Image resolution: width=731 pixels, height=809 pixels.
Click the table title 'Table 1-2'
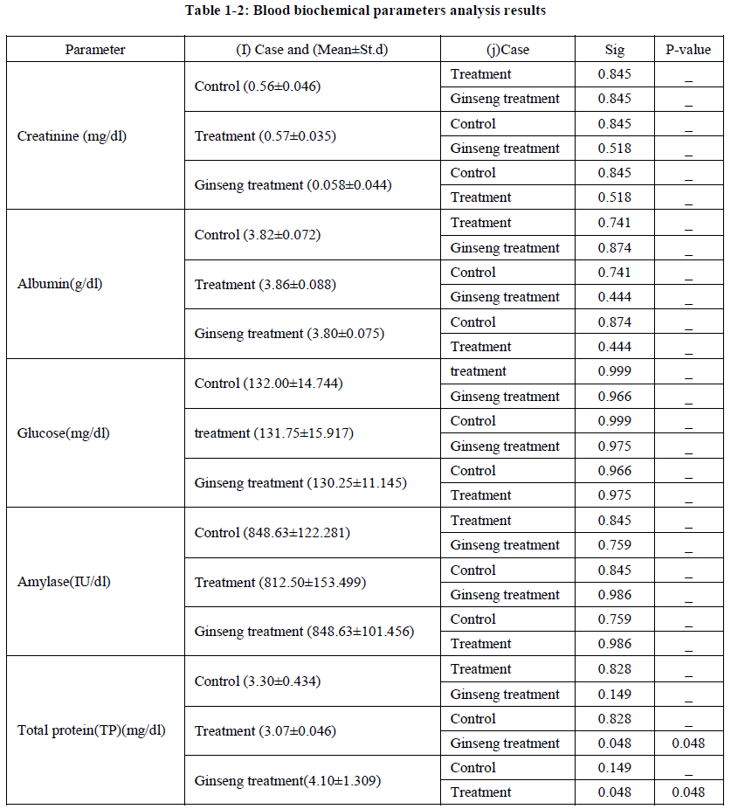tap(365, 11)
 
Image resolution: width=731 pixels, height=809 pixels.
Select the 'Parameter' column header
tap(95, 49)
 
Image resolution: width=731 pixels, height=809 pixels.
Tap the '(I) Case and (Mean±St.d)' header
tap(313, 49)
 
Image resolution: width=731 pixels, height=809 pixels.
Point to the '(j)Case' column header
tap(507, 49)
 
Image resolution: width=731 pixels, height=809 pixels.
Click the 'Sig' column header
tap(615, 49)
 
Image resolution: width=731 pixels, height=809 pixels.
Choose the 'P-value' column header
tap(688, 49)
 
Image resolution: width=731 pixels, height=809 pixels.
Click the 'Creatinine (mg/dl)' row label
tap(72, 135)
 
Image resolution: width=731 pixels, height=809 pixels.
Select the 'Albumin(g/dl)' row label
tap(60, 284)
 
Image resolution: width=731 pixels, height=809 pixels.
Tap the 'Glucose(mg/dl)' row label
tap(64, 432)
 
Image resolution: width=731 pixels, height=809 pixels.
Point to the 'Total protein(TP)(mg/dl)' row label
tap(92, 730)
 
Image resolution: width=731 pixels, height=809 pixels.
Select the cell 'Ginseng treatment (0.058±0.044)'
tap(293, 185)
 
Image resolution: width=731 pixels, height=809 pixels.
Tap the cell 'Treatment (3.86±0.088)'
tap(266, 284)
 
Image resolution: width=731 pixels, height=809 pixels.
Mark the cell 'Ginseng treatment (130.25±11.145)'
tap(300, 482)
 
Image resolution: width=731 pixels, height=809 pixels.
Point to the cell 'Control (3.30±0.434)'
tap(258, 681)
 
